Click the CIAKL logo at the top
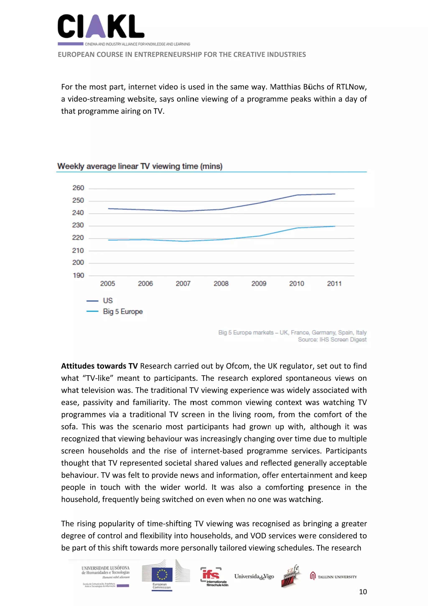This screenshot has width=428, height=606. tap(101, 27)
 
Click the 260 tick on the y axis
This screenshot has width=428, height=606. tap(78, 188)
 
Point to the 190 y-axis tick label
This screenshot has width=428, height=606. tap(78, 275)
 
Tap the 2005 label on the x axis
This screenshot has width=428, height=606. tap(108, 284)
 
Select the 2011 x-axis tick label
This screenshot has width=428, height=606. tap(334, 284)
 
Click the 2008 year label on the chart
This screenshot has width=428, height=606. tap(221, 284)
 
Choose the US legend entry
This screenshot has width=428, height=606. tap(108, 301)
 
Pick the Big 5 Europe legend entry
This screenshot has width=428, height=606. tap(123, 312)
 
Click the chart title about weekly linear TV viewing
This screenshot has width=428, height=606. tap(140, 166)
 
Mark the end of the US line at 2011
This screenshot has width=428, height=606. tap(335, 194)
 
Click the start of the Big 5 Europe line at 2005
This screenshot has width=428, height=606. tap(108, 240)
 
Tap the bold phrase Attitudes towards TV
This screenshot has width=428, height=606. tap(99, 366)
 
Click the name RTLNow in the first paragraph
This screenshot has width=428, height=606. tap(350, 87)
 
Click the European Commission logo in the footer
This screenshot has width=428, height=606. tap(162, 576)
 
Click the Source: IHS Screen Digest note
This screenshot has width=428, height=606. tap(332, 340)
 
